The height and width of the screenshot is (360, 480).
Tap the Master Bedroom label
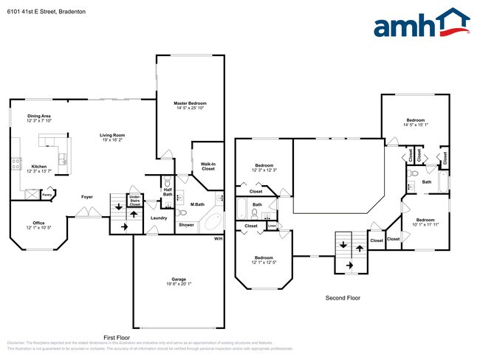190,106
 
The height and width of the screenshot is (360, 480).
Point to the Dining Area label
39,119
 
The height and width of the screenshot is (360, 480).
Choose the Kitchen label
39,169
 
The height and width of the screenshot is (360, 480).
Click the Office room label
38,225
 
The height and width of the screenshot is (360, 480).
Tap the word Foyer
87,197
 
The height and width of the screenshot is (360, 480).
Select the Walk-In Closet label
208,166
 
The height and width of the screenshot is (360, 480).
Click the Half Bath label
168,193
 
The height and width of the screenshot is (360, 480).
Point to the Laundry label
158,218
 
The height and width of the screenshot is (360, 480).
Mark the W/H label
218,239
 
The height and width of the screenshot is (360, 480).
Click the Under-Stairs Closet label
135,200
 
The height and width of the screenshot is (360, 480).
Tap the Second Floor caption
343,298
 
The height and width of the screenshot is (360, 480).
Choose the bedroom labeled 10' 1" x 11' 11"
425,222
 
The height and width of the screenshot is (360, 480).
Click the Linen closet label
272,225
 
